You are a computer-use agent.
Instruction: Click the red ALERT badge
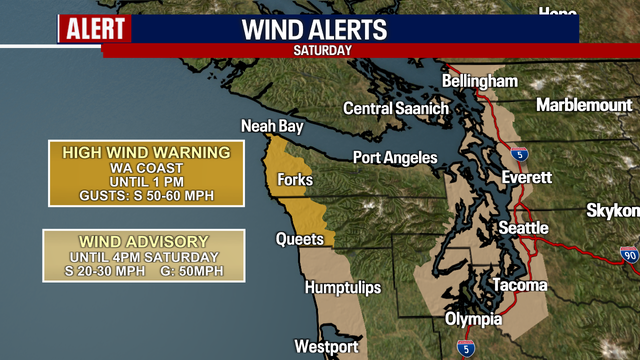tap(94, 29)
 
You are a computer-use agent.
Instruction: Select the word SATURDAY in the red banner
tap(322, 49)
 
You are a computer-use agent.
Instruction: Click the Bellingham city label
tap(482, 80)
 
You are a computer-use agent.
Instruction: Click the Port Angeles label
tap(395, 158)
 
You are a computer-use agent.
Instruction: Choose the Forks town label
tap(297, 180)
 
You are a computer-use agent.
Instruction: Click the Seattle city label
tap(524, 228)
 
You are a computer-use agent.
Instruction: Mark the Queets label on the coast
tap(300, 239)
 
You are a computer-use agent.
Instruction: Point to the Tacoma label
tap(520, 286)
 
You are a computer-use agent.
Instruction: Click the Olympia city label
tap(474, 320)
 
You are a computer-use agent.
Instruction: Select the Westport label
tap(326, 347)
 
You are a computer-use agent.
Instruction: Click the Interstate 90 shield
tap(628, 257)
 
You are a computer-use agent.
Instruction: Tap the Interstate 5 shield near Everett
tap(518, 155)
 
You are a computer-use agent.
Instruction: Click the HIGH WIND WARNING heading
tap(146, 152)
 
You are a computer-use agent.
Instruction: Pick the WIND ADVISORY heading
tap(145, 241)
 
